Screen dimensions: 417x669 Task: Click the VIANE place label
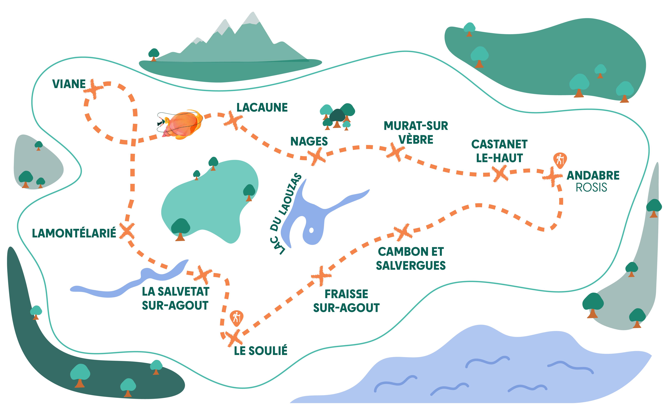69,84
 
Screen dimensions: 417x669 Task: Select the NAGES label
309,141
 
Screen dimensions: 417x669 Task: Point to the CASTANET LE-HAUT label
499,151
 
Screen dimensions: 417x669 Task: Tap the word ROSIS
591,188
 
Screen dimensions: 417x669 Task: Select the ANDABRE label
593,175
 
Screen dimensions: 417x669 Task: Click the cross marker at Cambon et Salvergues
403,232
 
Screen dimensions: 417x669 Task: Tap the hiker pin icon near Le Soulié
236,318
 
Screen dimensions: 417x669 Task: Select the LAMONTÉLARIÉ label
74,233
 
